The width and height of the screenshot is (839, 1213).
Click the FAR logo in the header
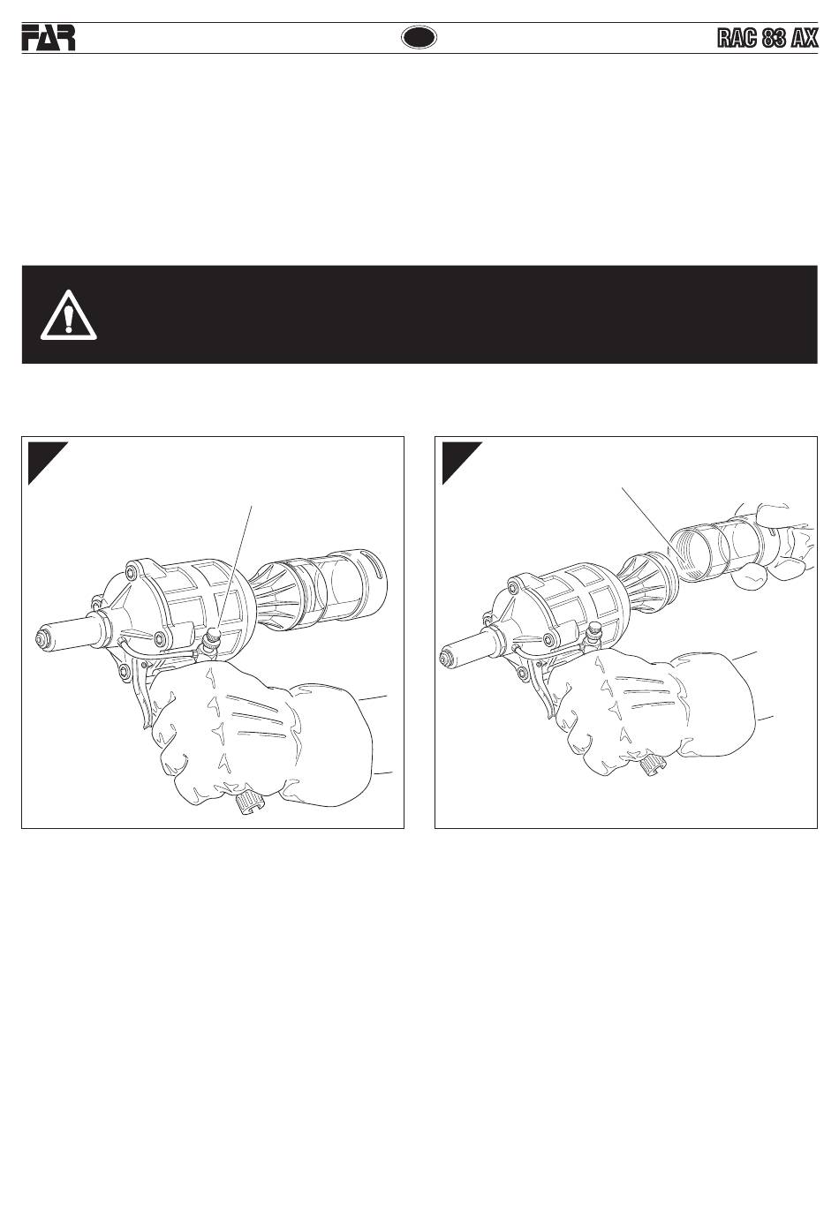[x=49, y=38]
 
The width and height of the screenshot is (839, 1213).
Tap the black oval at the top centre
[x=419, y=37]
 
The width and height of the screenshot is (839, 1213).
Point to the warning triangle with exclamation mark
[x=68, y=316]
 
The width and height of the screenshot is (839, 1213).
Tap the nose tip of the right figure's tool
[x=446, y=658]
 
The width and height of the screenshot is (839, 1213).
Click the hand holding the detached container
[x=772, y=547]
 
